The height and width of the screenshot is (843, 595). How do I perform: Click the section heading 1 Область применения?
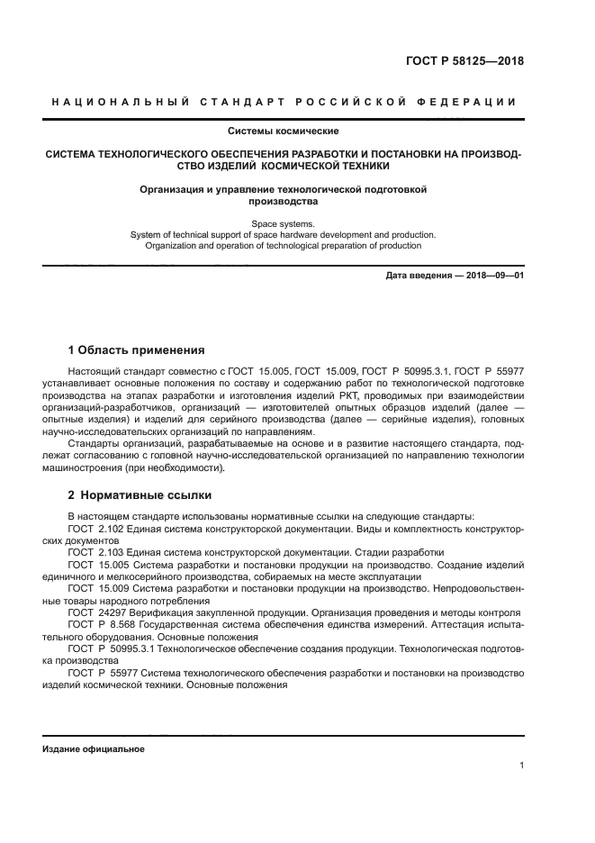click(137, 349)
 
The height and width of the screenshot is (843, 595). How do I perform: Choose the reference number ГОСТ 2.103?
click(95, 552)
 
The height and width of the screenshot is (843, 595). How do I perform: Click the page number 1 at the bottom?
click(521, 766)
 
